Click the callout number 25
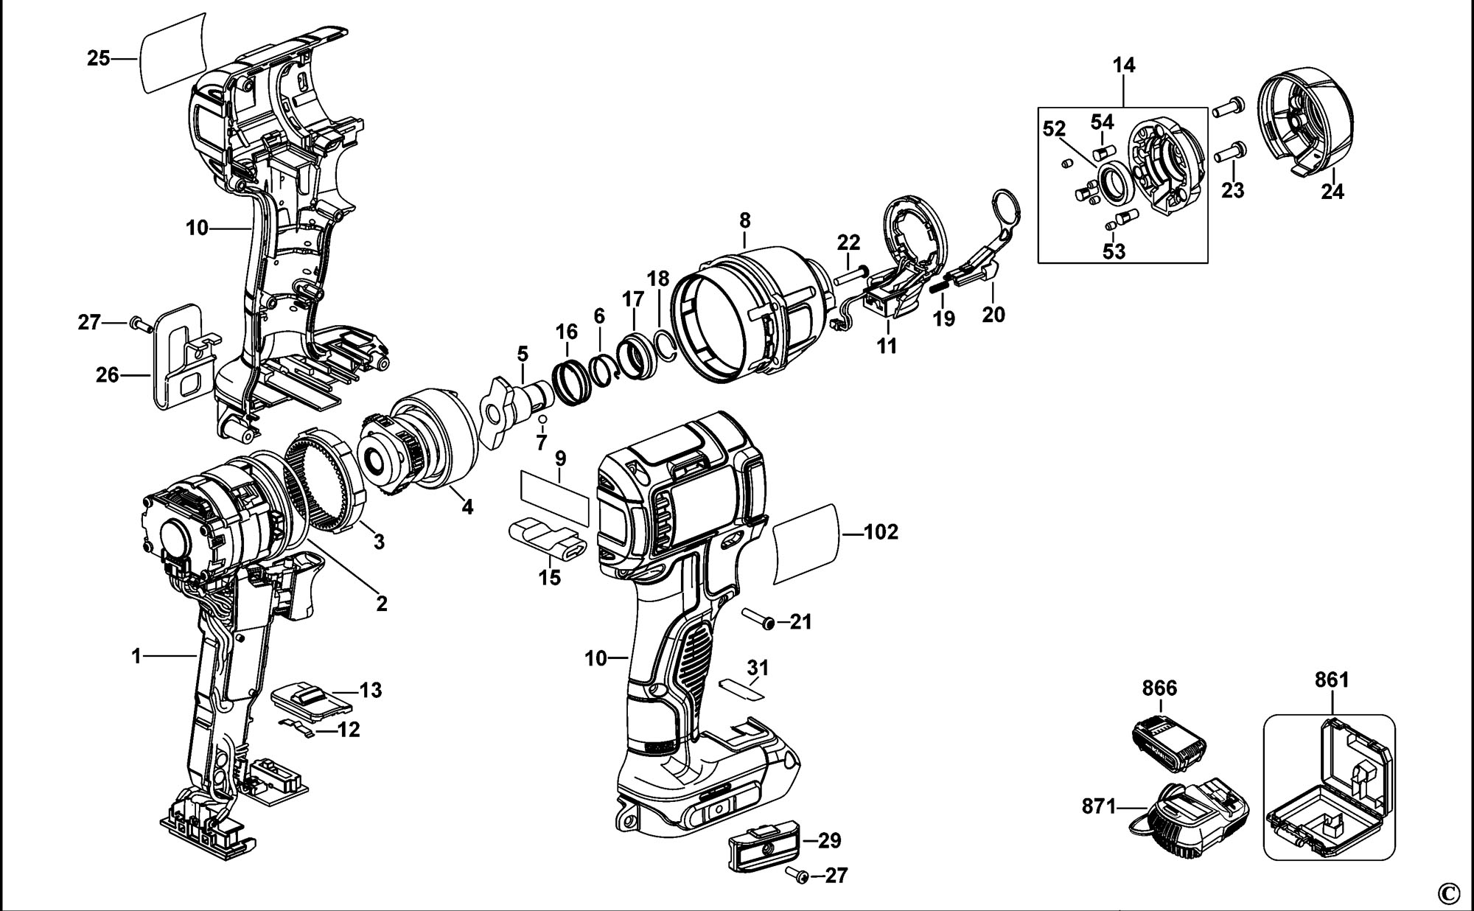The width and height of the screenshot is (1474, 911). pos(98,58)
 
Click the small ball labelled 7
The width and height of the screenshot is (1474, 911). pos(542,419)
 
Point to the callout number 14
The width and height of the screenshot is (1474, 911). pos(1124,66)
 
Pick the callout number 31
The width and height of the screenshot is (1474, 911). pos(758,668)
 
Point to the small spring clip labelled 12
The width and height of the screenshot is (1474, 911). pos(300,726)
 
